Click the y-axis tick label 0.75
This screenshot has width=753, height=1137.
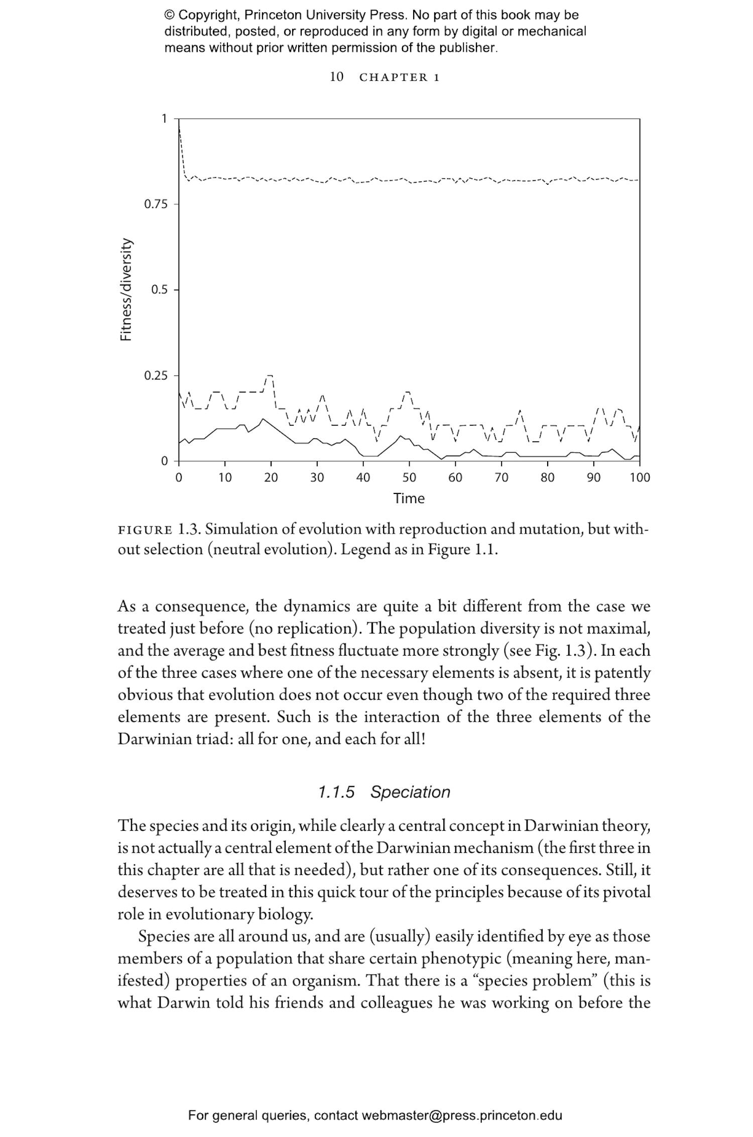click(155, 205)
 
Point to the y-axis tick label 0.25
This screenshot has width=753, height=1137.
click(155, 376)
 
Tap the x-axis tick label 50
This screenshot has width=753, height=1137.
click(409, 477)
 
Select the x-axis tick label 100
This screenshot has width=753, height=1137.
click(640, 477)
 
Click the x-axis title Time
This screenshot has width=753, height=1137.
click(409, 498)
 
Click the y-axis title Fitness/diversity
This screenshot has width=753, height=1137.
click(127, 290)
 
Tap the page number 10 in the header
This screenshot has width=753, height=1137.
click(336, 77)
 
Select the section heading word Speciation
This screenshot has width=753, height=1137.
click(410, 792)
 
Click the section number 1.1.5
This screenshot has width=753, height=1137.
click(336, 792)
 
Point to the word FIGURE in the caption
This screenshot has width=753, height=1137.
click(145, 530)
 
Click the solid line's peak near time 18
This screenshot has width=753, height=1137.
click(263, 418)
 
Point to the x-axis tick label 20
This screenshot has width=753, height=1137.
click(271, 477)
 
